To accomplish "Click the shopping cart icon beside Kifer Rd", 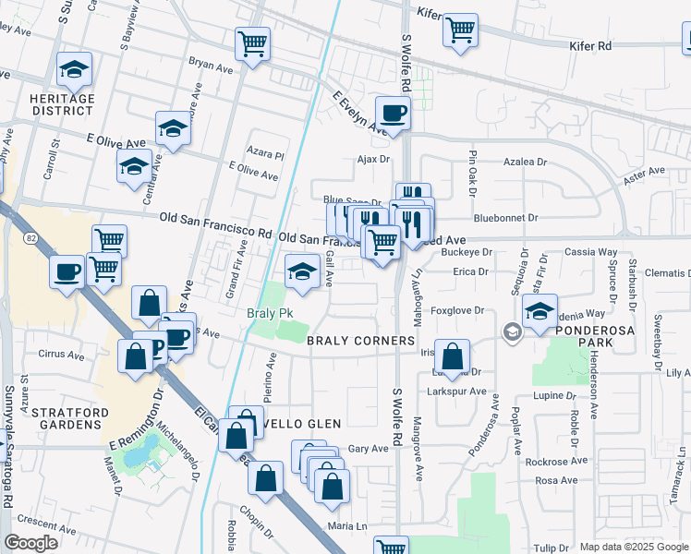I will point(459,30).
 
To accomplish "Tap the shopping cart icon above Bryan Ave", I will point(252,43).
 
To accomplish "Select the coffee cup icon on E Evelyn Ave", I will point(394,114).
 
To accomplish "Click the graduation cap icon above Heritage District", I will point(74,69).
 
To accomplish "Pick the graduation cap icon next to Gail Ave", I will point(301,271).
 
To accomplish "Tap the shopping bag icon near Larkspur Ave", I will point(452,356).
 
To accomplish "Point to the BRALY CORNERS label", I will point(361,341).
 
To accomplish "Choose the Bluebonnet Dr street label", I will point(505,219).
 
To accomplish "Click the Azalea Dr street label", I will point(526,162).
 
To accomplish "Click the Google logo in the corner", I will point(30,543).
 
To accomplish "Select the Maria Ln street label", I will point(347,526).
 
